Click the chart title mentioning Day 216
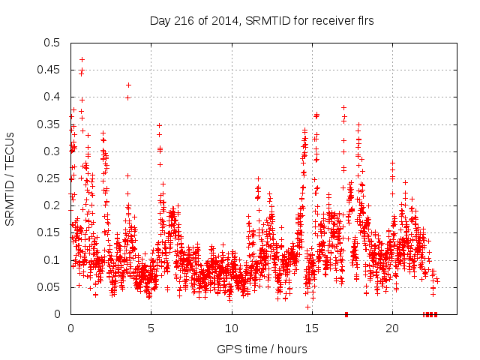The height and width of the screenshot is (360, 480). (262, 20)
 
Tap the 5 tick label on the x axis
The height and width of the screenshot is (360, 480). (151, 328)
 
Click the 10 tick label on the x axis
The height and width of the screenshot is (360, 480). (231, 328)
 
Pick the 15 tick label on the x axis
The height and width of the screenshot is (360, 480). (311, 328)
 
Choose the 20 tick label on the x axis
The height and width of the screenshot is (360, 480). (391, 328)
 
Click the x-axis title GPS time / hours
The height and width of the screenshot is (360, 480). (262, 349)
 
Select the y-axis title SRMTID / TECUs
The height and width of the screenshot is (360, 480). (10, 178)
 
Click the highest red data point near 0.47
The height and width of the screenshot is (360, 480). (82, 59)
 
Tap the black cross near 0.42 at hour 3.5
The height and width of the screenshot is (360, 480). (128, 85)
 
